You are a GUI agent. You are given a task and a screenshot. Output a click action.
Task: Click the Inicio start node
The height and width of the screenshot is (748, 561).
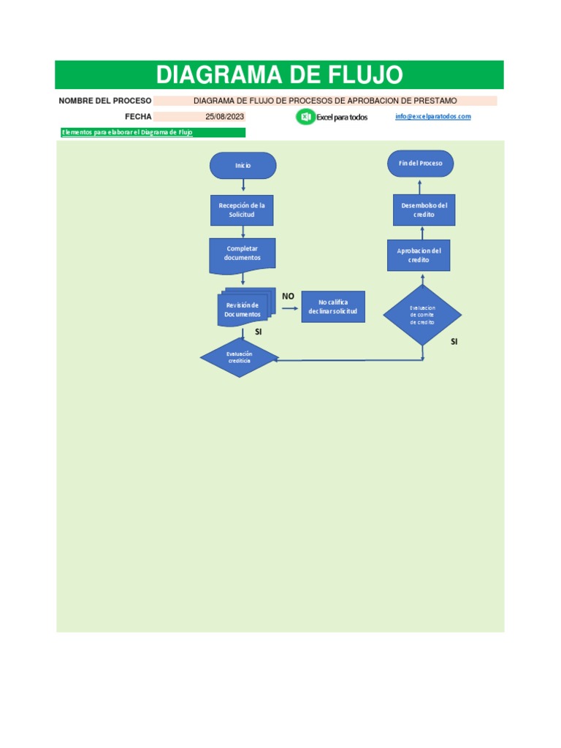click(243, 166)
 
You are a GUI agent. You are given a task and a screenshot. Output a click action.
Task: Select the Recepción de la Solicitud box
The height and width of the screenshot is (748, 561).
click(242, 210)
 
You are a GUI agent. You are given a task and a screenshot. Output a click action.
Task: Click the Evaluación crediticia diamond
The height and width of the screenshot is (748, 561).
click(239, 357)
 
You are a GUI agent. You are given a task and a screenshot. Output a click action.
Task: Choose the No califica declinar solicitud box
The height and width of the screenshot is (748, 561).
click(333, 307)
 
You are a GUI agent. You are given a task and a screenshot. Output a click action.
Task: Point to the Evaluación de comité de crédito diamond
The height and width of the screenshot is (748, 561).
click(422, 315)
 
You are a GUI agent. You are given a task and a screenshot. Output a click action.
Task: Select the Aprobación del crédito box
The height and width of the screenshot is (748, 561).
click(419, 255)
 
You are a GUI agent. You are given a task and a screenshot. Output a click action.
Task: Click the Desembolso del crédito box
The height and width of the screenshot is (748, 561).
click(424, 210)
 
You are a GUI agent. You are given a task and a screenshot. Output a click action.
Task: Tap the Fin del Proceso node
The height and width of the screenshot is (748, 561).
click(420, 163)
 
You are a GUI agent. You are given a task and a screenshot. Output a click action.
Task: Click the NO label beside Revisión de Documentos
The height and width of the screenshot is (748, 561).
click(288, 297)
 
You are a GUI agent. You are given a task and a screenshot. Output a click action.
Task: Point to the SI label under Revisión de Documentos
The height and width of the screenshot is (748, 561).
click(258, 332)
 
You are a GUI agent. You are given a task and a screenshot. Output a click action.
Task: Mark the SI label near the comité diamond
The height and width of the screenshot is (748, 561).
click(454, 342)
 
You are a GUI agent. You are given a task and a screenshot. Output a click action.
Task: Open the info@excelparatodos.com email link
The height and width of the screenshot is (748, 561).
click(432, 116)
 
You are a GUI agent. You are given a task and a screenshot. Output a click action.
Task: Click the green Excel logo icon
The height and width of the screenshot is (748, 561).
click(305, 117)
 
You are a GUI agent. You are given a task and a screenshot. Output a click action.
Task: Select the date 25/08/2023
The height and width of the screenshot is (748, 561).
click(225, 116)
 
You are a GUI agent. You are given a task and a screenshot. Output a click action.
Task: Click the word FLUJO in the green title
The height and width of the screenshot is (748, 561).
click(365, 75)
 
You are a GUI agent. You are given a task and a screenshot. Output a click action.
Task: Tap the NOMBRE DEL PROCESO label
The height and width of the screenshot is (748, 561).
click(105, 101)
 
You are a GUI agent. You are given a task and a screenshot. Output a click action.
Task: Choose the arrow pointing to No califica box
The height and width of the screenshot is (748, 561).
click(290, 308)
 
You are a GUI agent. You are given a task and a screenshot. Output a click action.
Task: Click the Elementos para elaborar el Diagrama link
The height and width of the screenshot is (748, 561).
click(127, 132)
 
